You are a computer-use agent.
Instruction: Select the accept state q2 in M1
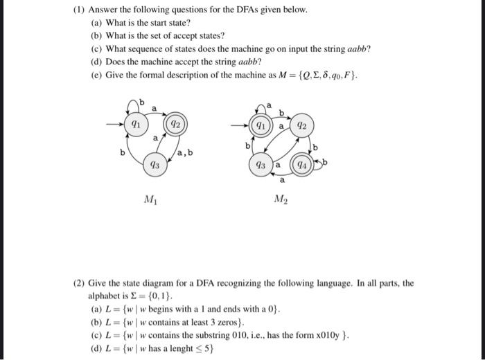pyautogui.click(x=175, y=125)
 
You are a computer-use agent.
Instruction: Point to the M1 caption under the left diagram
pyautogui.click(x=150, y=200)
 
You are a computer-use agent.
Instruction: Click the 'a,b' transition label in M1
pyautogui.click(x=184, y=152)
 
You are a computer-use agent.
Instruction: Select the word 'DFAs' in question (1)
pyautogui.click(x=241, y=12)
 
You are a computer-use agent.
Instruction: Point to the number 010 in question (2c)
pyautogui.click(x=237, y=335)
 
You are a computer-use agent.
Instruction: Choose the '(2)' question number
pyautogui.click(x=80, y=283)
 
